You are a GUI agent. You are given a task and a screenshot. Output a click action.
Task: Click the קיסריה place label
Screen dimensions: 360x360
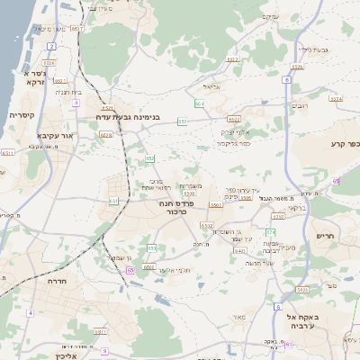22,115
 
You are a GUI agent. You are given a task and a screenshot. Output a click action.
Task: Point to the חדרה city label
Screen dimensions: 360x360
59,281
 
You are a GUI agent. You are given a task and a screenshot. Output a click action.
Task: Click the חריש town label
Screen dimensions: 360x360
325,236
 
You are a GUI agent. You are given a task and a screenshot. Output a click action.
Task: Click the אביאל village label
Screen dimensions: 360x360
212,87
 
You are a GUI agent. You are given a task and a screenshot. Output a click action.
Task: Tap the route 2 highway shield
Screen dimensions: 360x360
51,45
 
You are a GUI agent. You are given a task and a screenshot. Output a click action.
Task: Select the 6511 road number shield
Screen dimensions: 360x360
8,153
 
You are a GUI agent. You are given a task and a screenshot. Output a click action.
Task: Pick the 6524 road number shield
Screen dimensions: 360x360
336,98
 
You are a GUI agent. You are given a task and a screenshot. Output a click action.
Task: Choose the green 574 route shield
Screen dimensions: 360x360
269,233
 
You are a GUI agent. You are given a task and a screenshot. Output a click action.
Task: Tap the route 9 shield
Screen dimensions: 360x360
105,350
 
